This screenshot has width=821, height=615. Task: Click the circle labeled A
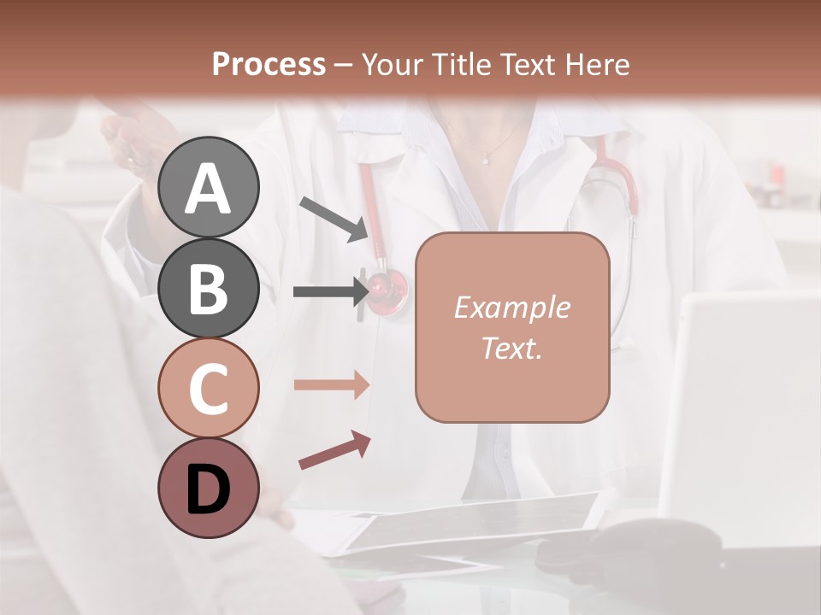pos(208,187)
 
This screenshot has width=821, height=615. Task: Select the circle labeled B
pos(208,288)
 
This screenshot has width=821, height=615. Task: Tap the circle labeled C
pos(208,389)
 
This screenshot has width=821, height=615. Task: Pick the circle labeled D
pos(208,489)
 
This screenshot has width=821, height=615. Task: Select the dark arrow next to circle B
pos(330,291)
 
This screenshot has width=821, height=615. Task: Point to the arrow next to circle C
pos(332,385)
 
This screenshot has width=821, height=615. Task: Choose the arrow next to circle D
pos(334,451)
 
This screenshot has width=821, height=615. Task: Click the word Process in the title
pos(269,64)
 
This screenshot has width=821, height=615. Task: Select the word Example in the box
pos(511,307)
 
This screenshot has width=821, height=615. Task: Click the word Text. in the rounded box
pos(511,348)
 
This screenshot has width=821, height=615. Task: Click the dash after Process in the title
pos(343,65)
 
